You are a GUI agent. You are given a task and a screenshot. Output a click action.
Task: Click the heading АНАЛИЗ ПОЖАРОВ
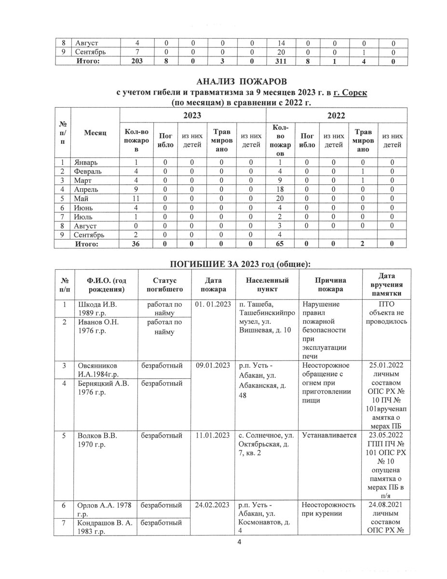239,81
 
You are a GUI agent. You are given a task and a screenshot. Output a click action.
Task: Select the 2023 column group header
192,116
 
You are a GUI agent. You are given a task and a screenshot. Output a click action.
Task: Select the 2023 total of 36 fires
136,244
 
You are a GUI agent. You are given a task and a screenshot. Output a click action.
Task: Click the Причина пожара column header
330,284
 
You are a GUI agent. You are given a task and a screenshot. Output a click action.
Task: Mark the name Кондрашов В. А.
104,523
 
